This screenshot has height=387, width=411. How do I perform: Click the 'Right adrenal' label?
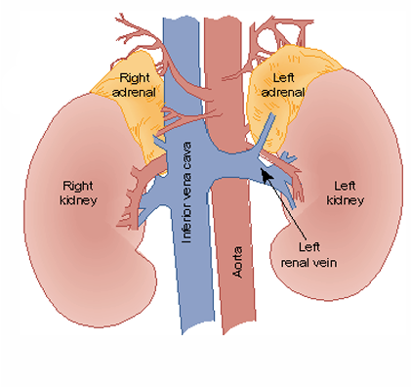tap(136, 84)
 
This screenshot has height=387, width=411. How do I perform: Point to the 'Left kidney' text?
tap(349, 192)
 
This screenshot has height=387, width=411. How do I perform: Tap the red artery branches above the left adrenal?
tap(273, 29)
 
